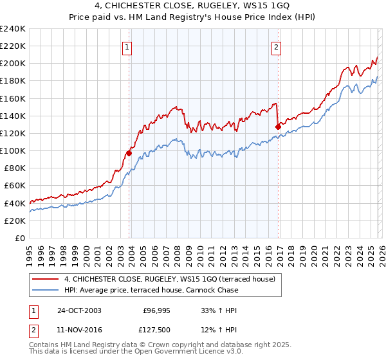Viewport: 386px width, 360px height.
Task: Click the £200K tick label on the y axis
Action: [x=12, y=64]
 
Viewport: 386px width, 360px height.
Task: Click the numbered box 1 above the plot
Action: [x=127, y=47]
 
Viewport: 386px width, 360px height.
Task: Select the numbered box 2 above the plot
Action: [x=276, y=47]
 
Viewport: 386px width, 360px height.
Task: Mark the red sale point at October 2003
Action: [x=129, y=154]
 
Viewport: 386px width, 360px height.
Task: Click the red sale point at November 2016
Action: [x=278, y=127]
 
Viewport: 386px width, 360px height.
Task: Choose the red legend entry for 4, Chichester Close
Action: [x=170, y=279]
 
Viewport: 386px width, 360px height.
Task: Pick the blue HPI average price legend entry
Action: [x=151, y=290]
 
